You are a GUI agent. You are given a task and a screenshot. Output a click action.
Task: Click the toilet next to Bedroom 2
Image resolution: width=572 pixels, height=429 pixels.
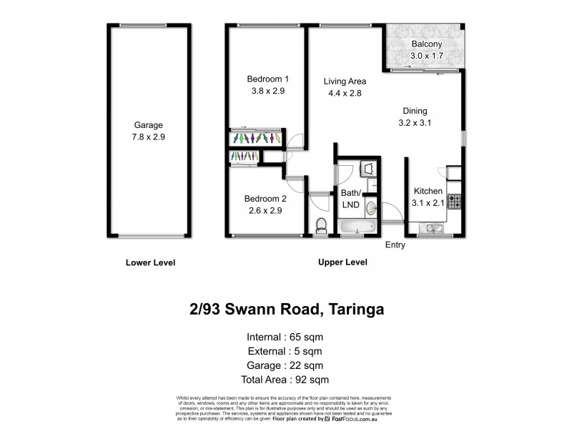[321, 225]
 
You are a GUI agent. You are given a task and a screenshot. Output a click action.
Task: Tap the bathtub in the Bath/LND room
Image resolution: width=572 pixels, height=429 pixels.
[355, 227]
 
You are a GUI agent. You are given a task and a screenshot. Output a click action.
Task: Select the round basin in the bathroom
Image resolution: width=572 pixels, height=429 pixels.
[371, 208]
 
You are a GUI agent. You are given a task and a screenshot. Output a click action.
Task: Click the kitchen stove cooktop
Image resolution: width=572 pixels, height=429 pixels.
[453, 202]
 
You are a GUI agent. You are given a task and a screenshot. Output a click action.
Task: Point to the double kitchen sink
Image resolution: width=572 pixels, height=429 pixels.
[432, 229]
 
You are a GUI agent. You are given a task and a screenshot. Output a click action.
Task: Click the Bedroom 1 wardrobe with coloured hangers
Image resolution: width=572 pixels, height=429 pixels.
[257, 138]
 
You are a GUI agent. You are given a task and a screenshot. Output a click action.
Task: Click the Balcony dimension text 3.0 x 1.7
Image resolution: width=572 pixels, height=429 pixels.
[427, 56]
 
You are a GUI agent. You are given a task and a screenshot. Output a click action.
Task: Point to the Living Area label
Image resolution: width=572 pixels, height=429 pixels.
[345, 81]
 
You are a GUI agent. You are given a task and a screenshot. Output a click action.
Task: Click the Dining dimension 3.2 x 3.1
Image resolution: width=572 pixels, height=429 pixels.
[414, 122]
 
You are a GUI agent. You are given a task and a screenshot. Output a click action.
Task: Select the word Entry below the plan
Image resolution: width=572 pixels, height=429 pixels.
[395, 245]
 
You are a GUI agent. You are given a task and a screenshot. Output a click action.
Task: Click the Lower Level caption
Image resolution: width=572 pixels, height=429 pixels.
[150, 262]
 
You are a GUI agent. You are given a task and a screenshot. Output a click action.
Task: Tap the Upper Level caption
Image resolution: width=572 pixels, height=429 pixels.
[342, 262]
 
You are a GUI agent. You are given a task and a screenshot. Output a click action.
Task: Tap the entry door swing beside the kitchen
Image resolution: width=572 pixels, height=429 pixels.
[391, 212]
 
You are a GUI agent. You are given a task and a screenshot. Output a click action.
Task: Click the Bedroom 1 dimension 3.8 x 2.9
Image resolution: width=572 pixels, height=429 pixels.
[268, 91]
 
